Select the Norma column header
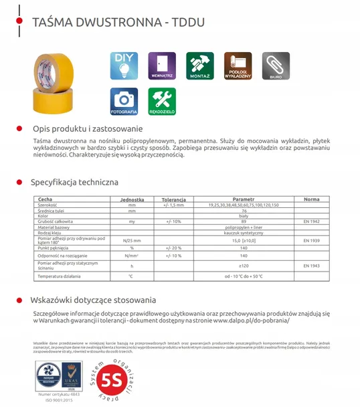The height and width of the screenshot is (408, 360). [311, 199]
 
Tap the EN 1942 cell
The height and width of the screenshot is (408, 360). [311, 221]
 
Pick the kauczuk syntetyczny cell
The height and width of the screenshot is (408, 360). [244, 232]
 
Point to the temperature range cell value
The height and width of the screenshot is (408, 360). [244, 276]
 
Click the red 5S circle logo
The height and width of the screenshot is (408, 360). [108, 378]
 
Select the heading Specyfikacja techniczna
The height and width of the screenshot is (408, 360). [75, 181]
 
